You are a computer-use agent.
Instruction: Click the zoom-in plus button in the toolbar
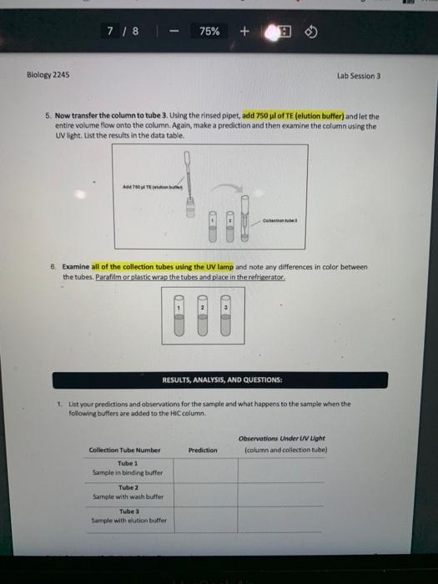pos(244,31)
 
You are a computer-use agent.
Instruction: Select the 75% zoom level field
pos(210,31)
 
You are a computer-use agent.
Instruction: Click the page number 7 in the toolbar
pos(112,31)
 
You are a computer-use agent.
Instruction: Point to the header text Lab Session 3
pos(359,74)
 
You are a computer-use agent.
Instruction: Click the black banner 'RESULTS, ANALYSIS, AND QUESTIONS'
pos(219,379)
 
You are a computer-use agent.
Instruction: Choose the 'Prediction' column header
pos(203,450)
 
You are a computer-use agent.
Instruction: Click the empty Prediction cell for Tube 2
pos(203,492)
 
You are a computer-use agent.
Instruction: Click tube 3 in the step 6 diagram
pos(224,320)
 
